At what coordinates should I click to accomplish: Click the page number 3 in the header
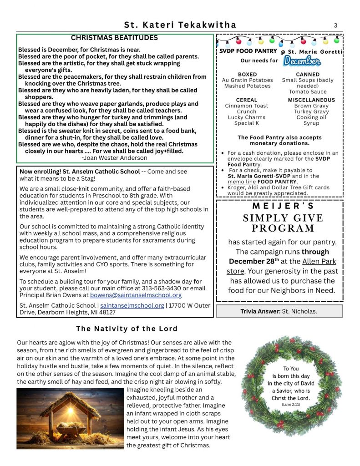335,25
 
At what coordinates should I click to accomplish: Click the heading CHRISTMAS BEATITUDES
114,38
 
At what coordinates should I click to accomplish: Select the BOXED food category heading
247,74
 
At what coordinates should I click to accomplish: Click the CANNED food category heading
308,74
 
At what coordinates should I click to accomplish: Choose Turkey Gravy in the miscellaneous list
311,111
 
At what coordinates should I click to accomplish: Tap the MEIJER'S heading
279,206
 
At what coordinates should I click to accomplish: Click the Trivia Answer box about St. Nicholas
279,311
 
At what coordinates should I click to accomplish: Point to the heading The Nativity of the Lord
127,329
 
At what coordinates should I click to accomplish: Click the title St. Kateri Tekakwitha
180,25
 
